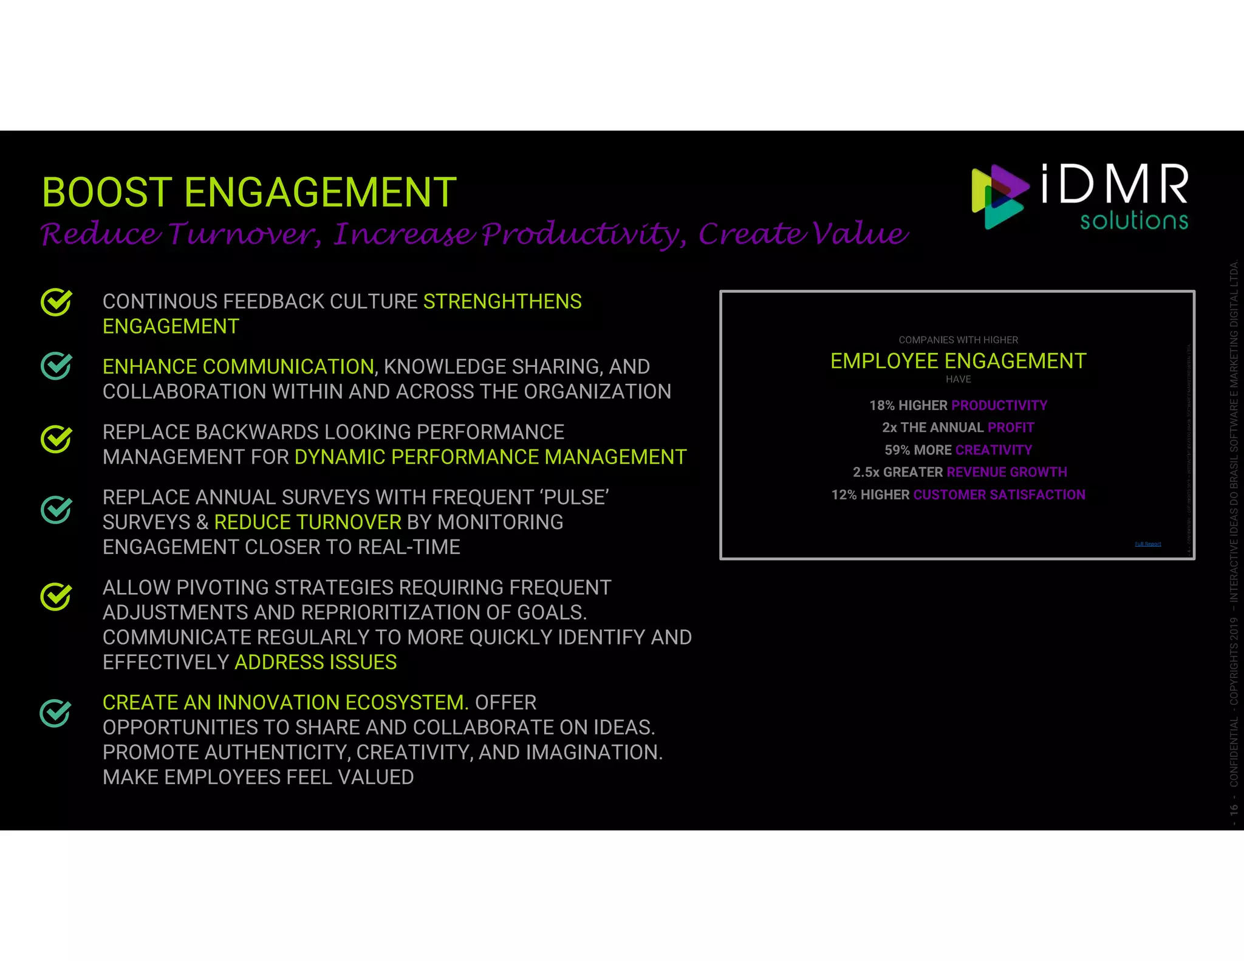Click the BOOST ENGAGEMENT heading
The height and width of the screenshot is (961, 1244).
point(249,193)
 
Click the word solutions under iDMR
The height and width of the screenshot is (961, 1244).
point(1133,221)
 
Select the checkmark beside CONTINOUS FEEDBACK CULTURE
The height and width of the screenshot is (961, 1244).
point(56,303)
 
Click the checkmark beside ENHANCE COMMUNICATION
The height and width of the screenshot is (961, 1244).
point(56,366)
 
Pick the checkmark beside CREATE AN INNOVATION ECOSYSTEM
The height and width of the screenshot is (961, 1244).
point(55,713)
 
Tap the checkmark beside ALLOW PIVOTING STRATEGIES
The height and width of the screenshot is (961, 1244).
point(56,597)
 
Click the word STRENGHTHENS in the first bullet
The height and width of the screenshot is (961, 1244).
point(502,302)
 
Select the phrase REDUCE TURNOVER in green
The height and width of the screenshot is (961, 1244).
point(307,522)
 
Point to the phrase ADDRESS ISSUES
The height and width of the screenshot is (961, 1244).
point(315,662)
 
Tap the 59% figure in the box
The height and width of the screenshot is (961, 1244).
point(897,450)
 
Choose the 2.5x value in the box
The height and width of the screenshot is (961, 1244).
point(866,472)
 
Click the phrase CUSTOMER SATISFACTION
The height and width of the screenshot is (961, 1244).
point(999,495)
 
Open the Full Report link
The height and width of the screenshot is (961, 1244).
point(1147,544)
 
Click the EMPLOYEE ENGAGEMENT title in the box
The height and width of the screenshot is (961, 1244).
point(958,361)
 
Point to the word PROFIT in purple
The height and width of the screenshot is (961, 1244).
point(1010,428)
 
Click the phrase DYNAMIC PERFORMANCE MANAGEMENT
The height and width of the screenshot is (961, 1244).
point(490,457)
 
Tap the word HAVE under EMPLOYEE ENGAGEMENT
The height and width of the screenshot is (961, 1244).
point(958,380)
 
